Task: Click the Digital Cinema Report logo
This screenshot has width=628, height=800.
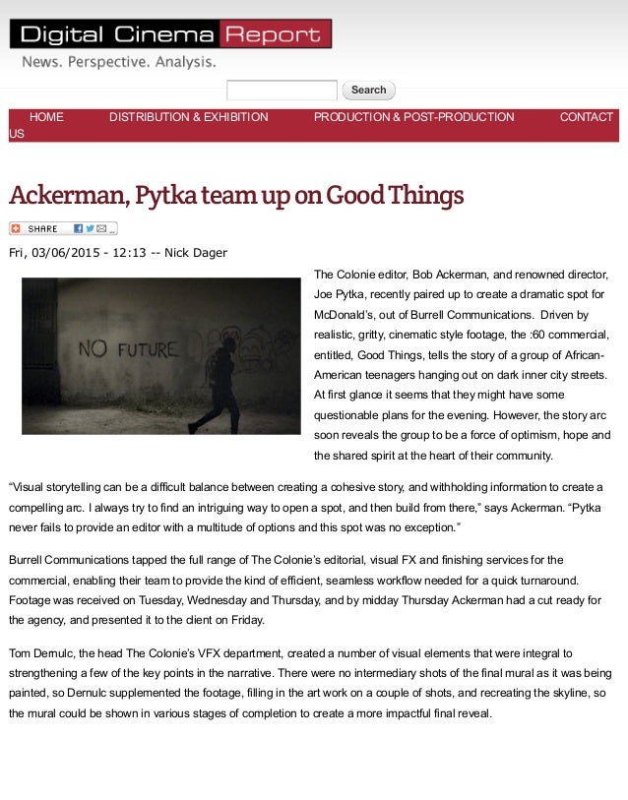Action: click(x=170, y=34)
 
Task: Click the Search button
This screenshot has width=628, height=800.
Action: click(x=368, y=91)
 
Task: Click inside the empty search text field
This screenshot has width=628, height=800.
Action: click(x=282, y=91)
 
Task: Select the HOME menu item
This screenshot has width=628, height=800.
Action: click(x=46, y=117)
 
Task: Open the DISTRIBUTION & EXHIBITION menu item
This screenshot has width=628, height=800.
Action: click(x=188, y=117)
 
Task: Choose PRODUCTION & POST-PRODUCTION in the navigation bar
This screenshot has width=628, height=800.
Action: click(x=413, y=117)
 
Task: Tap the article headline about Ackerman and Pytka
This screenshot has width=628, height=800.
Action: click(x=236, y=196)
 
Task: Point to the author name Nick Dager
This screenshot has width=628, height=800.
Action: click(x=196, y=253)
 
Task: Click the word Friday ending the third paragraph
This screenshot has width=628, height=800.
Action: click(x=246, y=620)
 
